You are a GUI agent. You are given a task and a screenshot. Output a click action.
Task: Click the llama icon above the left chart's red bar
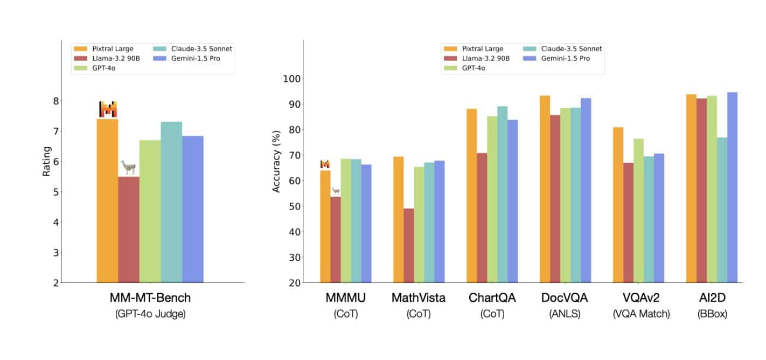tap(128, 167)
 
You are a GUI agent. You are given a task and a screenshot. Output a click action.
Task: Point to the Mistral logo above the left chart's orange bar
tap(108, 109)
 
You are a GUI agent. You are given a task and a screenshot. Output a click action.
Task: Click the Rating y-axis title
tap(47, 161)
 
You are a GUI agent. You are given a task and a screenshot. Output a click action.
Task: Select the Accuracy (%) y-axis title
tap(276, 161)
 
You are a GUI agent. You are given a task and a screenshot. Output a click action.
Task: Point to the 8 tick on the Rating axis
tap(55, 101)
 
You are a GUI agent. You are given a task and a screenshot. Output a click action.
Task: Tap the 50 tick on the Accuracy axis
tap(295, 206)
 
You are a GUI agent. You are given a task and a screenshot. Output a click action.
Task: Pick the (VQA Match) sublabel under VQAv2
tap(641, 314)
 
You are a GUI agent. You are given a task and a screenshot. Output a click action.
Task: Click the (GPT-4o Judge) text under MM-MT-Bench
tap(150, 314)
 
